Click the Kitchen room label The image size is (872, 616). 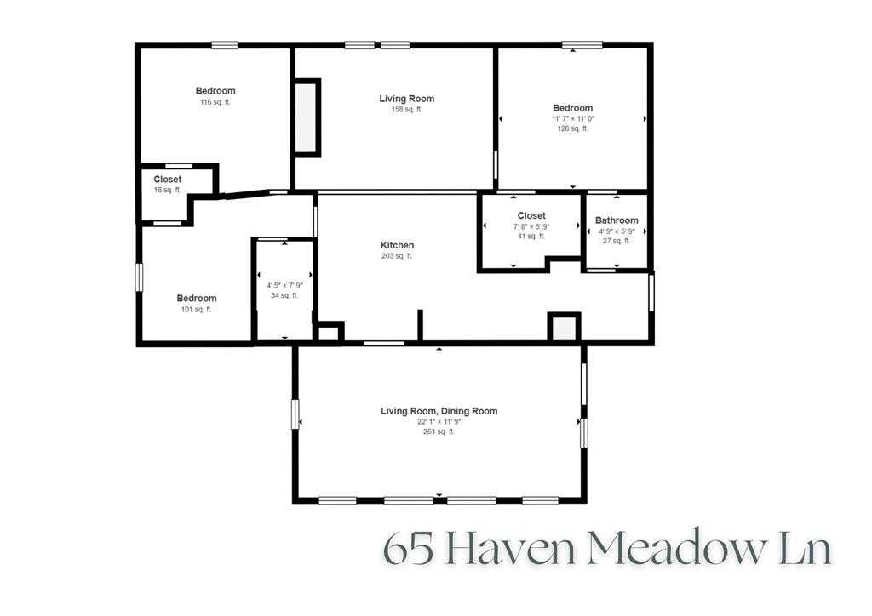[397, 246]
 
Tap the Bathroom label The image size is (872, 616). [617, 220]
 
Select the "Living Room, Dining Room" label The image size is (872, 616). [439, 411]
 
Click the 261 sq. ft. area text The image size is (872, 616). [439, 431]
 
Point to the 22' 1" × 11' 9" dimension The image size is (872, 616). [439, 421]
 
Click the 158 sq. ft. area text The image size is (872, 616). [406, 110]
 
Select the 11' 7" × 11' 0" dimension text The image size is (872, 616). [572, 119]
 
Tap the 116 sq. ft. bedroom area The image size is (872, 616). [215, 102]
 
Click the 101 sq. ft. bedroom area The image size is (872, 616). [197, 309]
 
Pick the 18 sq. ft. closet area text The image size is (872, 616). [167, 190]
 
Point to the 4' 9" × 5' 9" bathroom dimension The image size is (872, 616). [617, 231]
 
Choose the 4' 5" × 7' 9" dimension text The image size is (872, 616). [284, 285]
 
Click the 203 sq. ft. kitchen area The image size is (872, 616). [397, 256]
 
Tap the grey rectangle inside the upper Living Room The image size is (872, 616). [307, 117]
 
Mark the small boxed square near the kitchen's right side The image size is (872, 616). [564, 328]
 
